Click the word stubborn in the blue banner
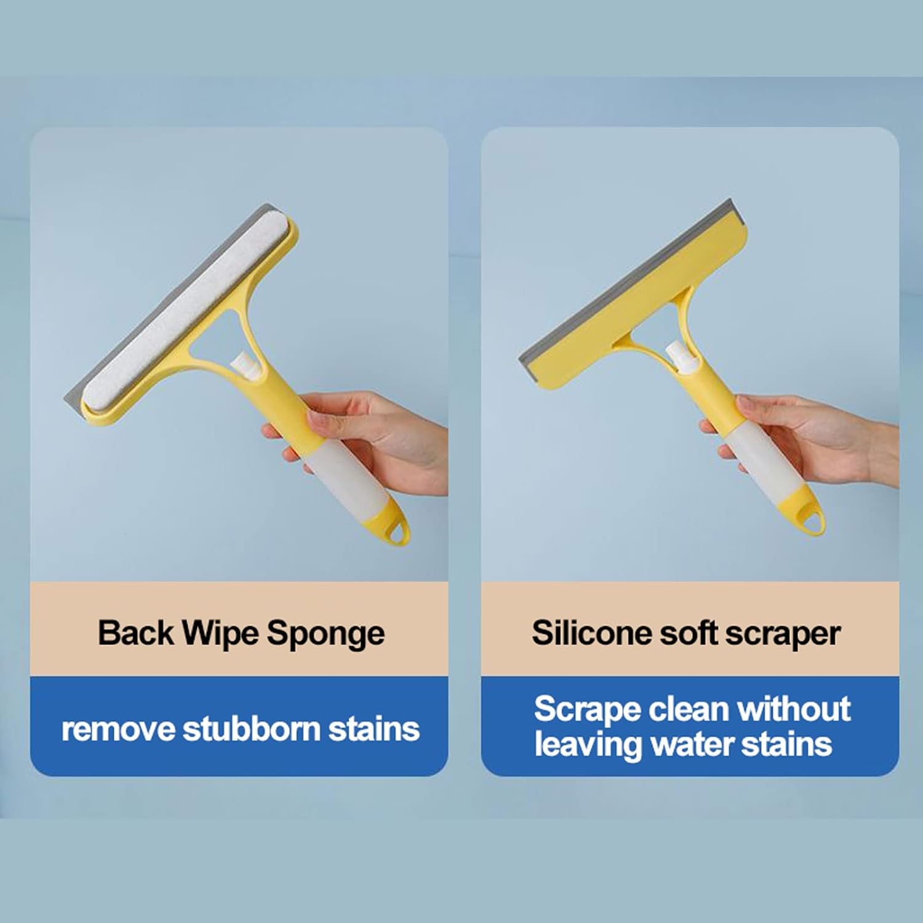(x=252, y=729)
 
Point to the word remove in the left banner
(x=118, y=730)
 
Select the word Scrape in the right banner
(x=587, y=709)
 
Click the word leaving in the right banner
(x=588, y=745)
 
